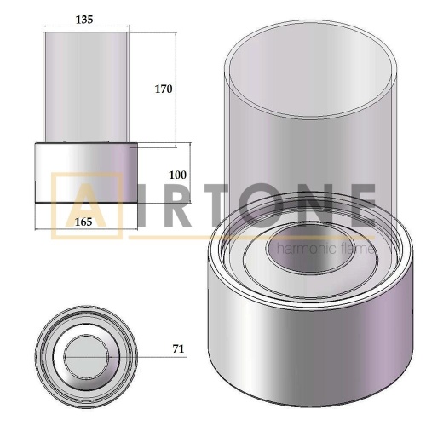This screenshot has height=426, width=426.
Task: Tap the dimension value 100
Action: [x=177, y=175]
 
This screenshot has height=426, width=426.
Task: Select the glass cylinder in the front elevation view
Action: [x=86, y=85]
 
